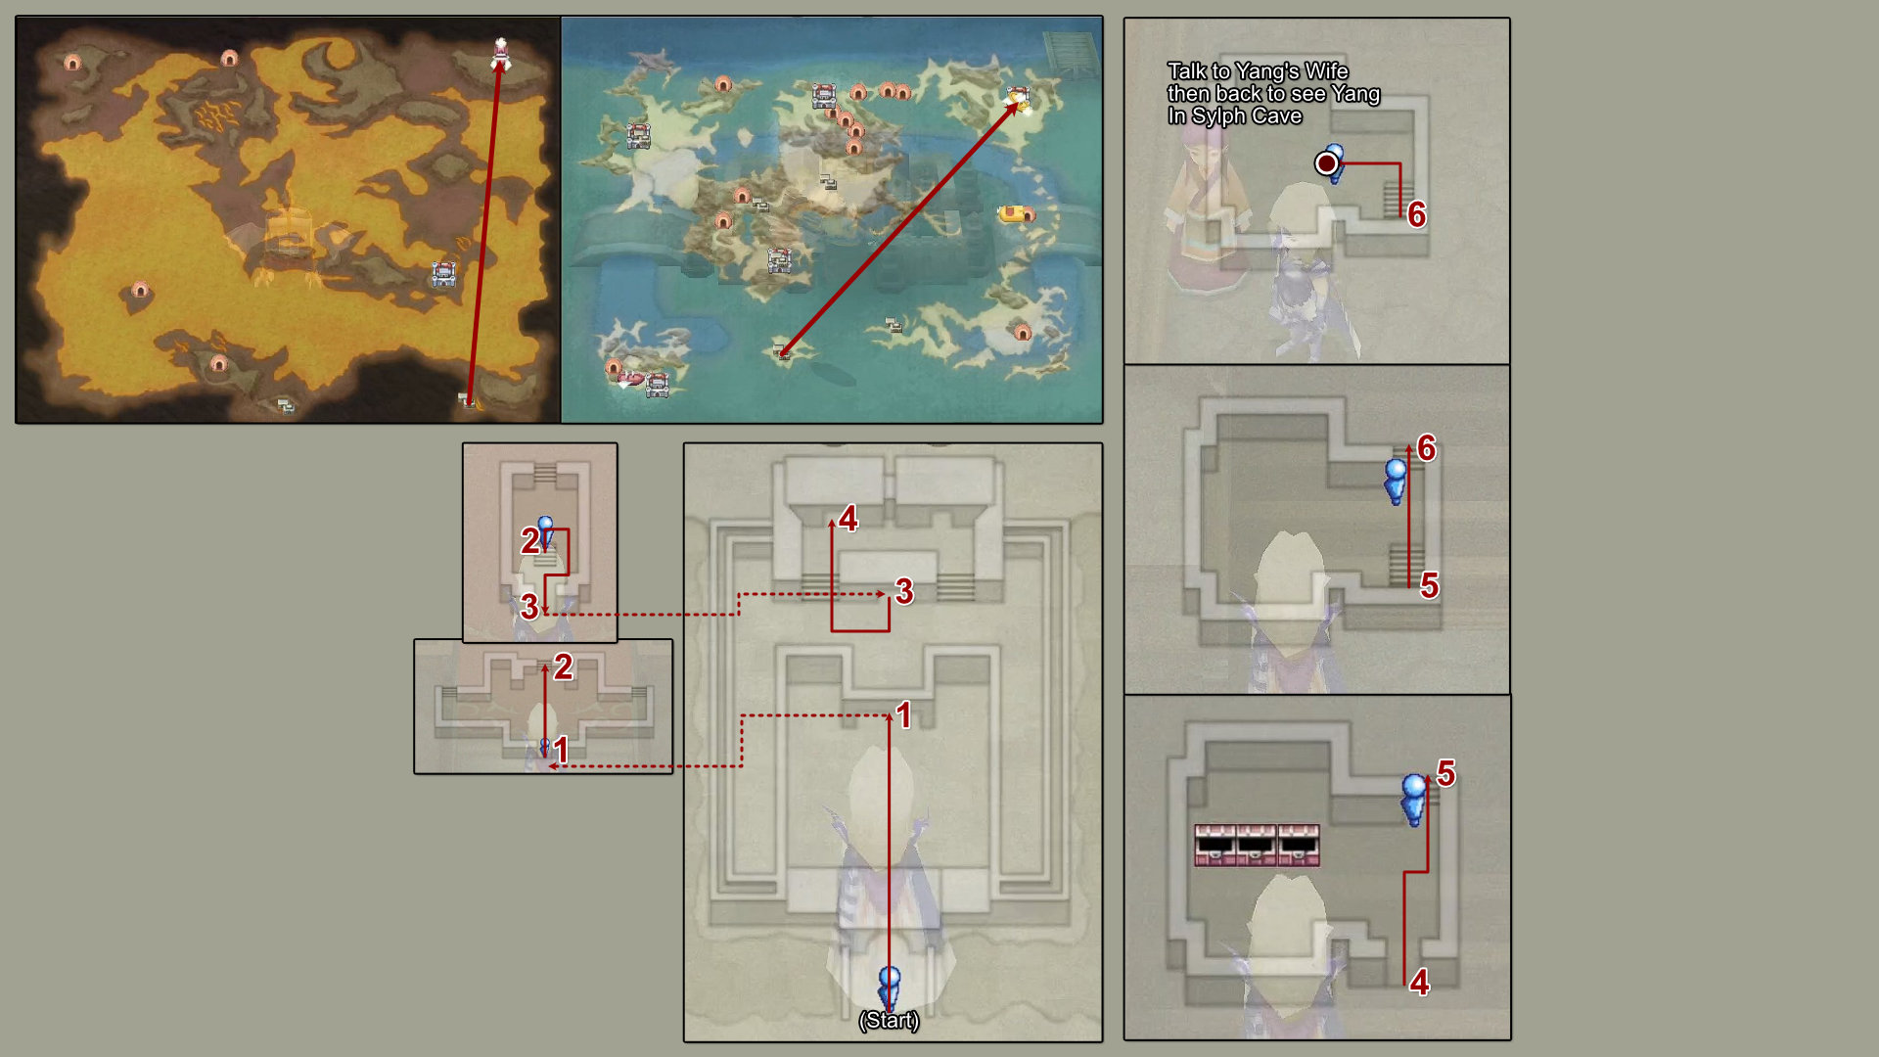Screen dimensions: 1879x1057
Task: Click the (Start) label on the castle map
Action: click(889, 1020)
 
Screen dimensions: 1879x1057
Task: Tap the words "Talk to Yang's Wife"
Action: click(1258, 71)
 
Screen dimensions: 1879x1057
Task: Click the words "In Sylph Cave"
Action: click(1234, 115)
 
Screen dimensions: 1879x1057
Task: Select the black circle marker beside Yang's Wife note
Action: click(1326, 163)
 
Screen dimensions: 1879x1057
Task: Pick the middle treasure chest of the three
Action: click(1257, 846)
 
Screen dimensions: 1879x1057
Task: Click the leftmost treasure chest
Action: click(1214, 846)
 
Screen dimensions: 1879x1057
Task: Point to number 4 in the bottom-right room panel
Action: click(1419, 982)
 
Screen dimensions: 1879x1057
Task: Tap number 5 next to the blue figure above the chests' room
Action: click(1445, 773)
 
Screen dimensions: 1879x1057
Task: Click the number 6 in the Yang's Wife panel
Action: click(1416, 214)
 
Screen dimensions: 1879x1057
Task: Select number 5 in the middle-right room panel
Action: click(1429, 585)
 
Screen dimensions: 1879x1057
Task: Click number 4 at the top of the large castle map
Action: click(848, 518)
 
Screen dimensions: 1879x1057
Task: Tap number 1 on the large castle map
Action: click(903, 715)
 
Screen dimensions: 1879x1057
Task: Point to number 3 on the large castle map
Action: click(904, 591)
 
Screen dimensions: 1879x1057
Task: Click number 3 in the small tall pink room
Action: click(529, 606)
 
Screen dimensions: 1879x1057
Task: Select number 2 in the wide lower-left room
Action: click(563, 666)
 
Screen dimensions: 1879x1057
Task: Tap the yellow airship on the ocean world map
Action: click(1012, 212)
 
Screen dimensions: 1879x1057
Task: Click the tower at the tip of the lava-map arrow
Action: click(500, 53)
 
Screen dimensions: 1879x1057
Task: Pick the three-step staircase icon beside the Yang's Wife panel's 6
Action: click(1392, 199)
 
